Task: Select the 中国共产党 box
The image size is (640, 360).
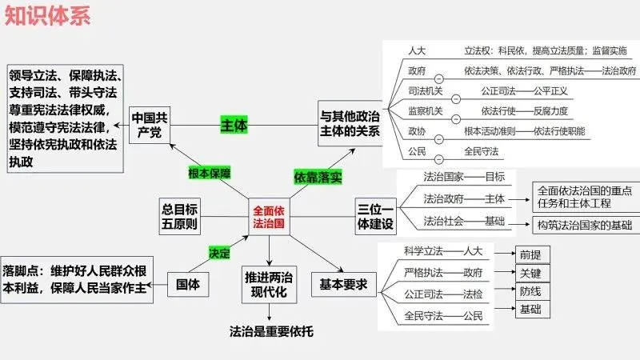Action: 150,124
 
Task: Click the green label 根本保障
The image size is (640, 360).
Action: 209,173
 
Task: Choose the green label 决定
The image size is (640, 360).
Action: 219,253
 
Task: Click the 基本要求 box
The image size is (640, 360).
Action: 343,284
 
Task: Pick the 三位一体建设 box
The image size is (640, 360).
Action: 374,217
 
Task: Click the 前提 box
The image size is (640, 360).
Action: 530,254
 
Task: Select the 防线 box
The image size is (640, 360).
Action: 530,291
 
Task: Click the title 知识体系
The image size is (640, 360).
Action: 47,16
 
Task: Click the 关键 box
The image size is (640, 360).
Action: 530,273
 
